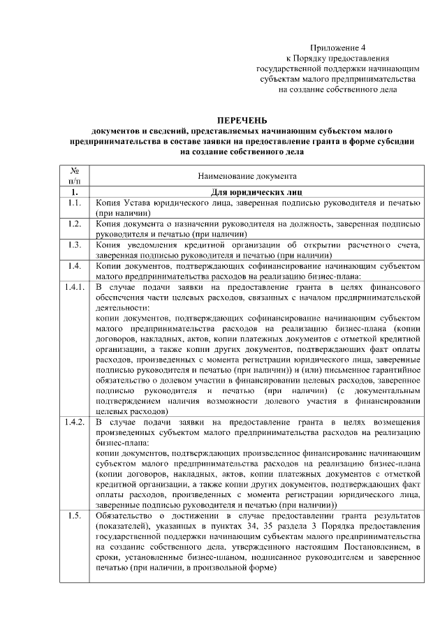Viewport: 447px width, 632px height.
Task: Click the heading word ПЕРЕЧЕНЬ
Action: pos(241,120)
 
